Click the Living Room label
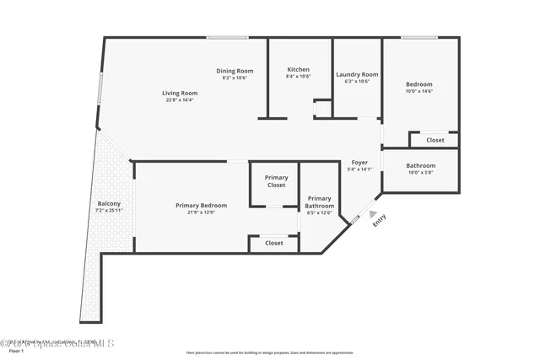pyautogui.click(x=180, y=93)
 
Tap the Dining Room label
pyautogui.click(x=235, y=71)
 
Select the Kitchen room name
pyautogui.click(x=299, y=69)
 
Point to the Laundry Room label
pyautogui.click(x=357, y=74)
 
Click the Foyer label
pyautogui.click(x=359, y=162)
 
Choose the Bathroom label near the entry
pyautogui.click(x=420, y=165)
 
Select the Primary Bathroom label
pyautogui.click(x=320, y=202)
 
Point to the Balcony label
pyautogui.click(x=109, y=203)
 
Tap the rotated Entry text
pyautogui.click(x=379, y=219)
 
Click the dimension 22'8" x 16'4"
pyautogui.click(x=180, y=100)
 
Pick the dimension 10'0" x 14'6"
pyautogui.click(x=419, y=91)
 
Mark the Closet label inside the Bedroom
pyautogui.click(x=435, y=140)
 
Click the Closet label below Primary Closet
pyautogui.click(x=274, y=243)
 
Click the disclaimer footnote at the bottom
pyautogui.click(x=269, y=352)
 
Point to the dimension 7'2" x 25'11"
pyautogui.click(x=109, y=210)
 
